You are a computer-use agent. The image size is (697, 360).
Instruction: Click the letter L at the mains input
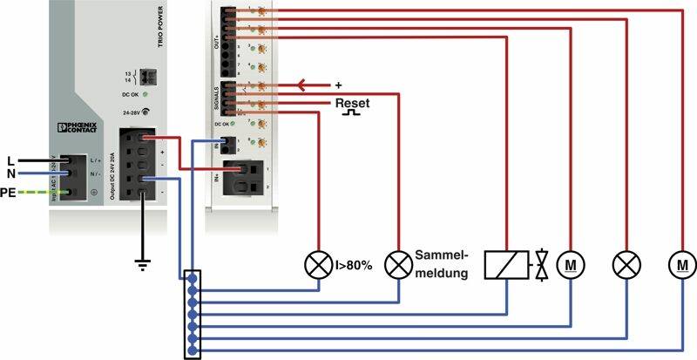click(x=10, y=161)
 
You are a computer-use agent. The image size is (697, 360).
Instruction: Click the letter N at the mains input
click(x=10, y=174)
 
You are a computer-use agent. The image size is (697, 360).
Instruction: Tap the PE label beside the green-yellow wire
click(x=9, y=191)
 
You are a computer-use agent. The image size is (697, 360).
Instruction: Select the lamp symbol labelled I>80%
click(x=316, y=264)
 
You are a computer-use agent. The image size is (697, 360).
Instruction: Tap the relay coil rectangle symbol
click(x=507, y=263)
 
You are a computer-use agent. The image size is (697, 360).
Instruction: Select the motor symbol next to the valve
click(x=571, y=263)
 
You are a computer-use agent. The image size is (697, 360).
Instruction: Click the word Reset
click(x=352, y=103)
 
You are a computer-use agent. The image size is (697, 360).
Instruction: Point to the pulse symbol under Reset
click(x=352, y=113)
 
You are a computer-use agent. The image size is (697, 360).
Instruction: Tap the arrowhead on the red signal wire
click(x=302, y=85)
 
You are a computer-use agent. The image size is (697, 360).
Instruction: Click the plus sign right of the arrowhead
click(x=339, y=85)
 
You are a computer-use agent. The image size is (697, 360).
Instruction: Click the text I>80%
click(x=353, y=264)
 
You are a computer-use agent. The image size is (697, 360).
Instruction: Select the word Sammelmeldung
click(x=442, y=263)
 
